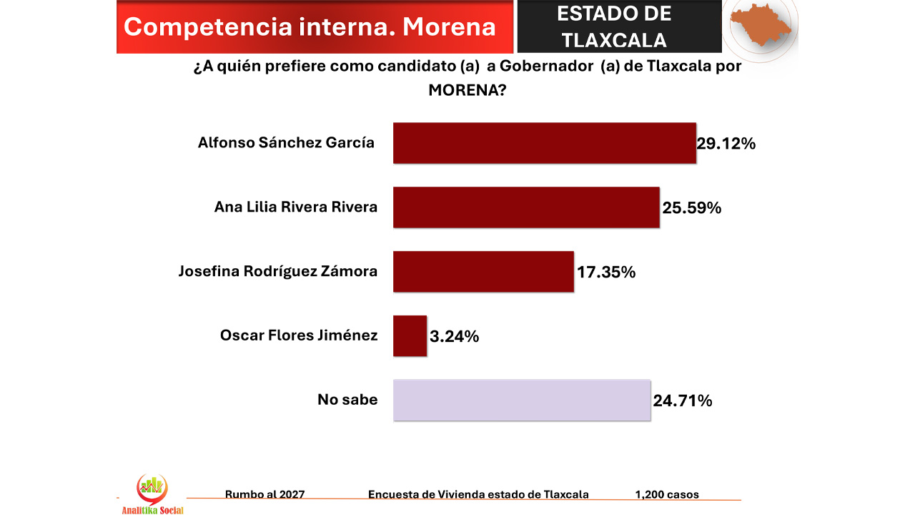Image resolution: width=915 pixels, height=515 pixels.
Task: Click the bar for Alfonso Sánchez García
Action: (x=544, y=143)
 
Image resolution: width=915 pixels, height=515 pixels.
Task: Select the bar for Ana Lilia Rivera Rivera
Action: (x=525, y=207)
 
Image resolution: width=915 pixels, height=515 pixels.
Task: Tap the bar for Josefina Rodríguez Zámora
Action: (x=483, y=272)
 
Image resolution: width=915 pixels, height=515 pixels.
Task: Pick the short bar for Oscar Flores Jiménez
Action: (x=410, y=335)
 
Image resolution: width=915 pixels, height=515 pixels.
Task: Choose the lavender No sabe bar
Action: (x=522, y=400)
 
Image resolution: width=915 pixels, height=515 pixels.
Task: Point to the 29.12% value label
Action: (x=726, y=144)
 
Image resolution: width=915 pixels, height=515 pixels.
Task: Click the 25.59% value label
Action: (x=691, y=208)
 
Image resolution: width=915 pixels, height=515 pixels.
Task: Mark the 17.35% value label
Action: (x=606, y=273)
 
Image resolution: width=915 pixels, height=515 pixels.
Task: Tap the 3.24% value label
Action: (x=454, y=336)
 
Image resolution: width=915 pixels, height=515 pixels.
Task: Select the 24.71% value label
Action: (x=683, y=401)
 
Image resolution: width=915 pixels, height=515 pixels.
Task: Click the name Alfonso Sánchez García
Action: (x=286, y=143)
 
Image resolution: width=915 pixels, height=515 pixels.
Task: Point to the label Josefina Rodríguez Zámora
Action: (x=278, y=272)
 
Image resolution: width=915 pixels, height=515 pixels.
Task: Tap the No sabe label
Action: (x=347, y=400)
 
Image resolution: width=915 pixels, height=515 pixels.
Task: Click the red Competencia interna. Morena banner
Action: (x=310, y=27)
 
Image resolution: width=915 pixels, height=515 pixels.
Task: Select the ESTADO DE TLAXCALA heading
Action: (x=614, y=26)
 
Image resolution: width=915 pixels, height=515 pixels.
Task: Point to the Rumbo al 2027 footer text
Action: (x=264, y=494)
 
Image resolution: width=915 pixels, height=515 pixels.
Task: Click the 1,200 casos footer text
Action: (x=667, y=494)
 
